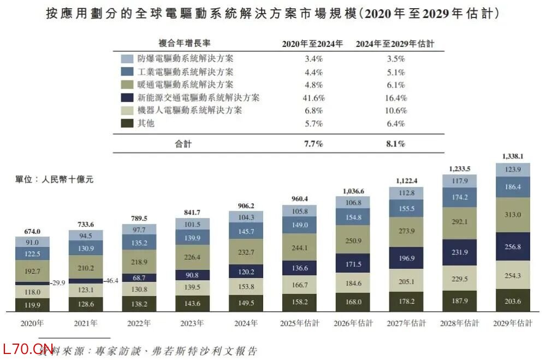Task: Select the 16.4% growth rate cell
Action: tap(395, 98)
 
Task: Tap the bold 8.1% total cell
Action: tap(395, 144)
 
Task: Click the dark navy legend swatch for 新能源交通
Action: tap(127, 98)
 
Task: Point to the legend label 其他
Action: tap(146, 123)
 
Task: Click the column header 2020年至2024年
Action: tap(312, 44)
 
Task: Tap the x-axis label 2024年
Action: tap(245, 323)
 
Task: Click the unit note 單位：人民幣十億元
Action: tap(54, 180)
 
